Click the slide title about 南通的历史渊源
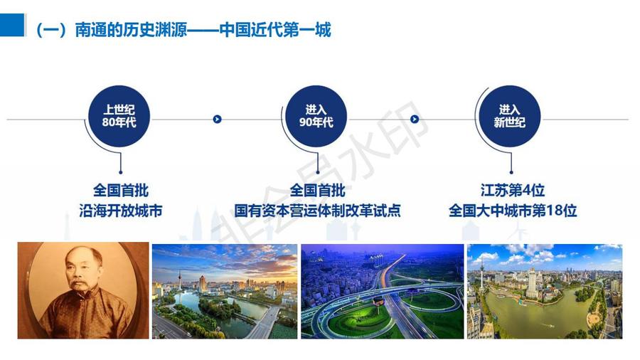point(183,29)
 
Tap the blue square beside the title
point(12,25)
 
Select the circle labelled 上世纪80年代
point(119,116)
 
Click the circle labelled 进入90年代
point(316,116)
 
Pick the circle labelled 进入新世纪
point(509,116)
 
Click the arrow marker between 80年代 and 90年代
point(217,120)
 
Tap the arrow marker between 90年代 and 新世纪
point(415,120)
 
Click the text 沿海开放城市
point(121,211)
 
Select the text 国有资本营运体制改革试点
point(317,211)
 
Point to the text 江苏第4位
point(513,190)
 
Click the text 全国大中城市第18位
point(513,211)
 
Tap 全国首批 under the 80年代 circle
point(121,190)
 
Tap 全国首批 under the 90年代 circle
point(318,190)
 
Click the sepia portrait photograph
point(83,290)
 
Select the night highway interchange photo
point(383,292)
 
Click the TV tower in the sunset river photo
point(180,279)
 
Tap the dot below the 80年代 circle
point(121,172)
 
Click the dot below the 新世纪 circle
point(511,172)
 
